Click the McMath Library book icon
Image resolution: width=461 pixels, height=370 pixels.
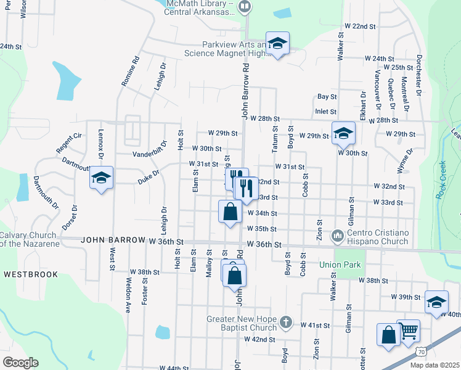[x=245, y=7]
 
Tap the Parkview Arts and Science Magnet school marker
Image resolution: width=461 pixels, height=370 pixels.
[x=277, y=43]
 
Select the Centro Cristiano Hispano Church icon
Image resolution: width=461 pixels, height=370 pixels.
[x=337, y=236]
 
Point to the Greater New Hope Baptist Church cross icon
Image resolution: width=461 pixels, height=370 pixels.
[x=285, y=321]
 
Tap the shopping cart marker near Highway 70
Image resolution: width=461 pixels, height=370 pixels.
[x=408, y=332]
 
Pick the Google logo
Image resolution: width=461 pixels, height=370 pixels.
[x=20, y=363]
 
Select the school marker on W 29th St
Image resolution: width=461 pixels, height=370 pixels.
[x=343, y=133]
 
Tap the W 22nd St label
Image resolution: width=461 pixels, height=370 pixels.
[x=360, y=27]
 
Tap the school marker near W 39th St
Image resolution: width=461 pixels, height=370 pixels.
[x=436, y=302]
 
